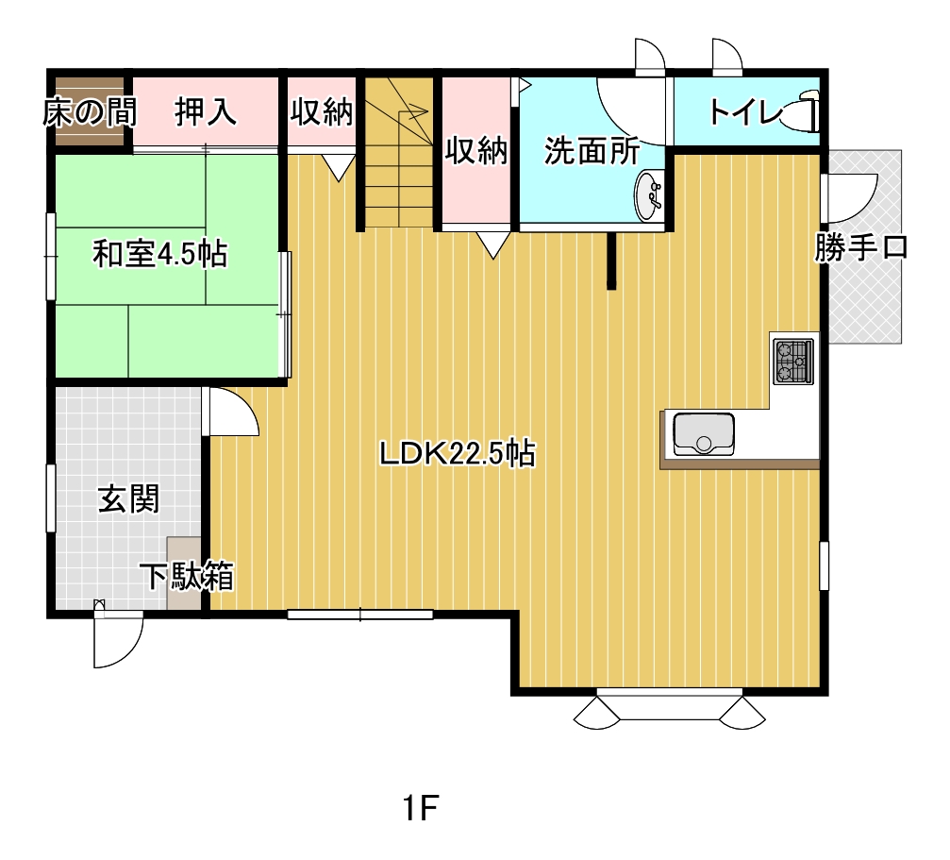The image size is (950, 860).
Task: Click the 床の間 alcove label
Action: click(90, 112)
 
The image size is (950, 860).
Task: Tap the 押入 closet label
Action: click(206, 111)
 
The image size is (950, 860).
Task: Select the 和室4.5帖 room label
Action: click(160, 254)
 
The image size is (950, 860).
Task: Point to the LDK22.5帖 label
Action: click(458, 453)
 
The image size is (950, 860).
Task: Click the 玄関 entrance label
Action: click(128, 498)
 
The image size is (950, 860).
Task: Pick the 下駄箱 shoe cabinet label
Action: click(187, 576)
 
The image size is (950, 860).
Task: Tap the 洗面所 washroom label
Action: click(592, 150)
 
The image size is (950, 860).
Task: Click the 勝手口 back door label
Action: click(861, 247)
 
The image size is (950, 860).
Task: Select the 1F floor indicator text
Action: click(421, 808)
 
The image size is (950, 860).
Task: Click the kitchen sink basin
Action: click(704, 434)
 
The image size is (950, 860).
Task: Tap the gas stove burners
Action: click(793, 362)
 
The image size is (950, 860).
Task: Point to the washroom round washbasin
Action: click(649, 196)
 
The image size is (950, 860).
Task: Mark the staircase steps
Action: click(398, 152)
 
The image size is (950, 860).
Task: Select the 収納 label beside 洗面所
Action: click(476, 150)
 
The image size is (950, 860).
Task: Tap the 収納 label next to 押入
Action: click(321, 111)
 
